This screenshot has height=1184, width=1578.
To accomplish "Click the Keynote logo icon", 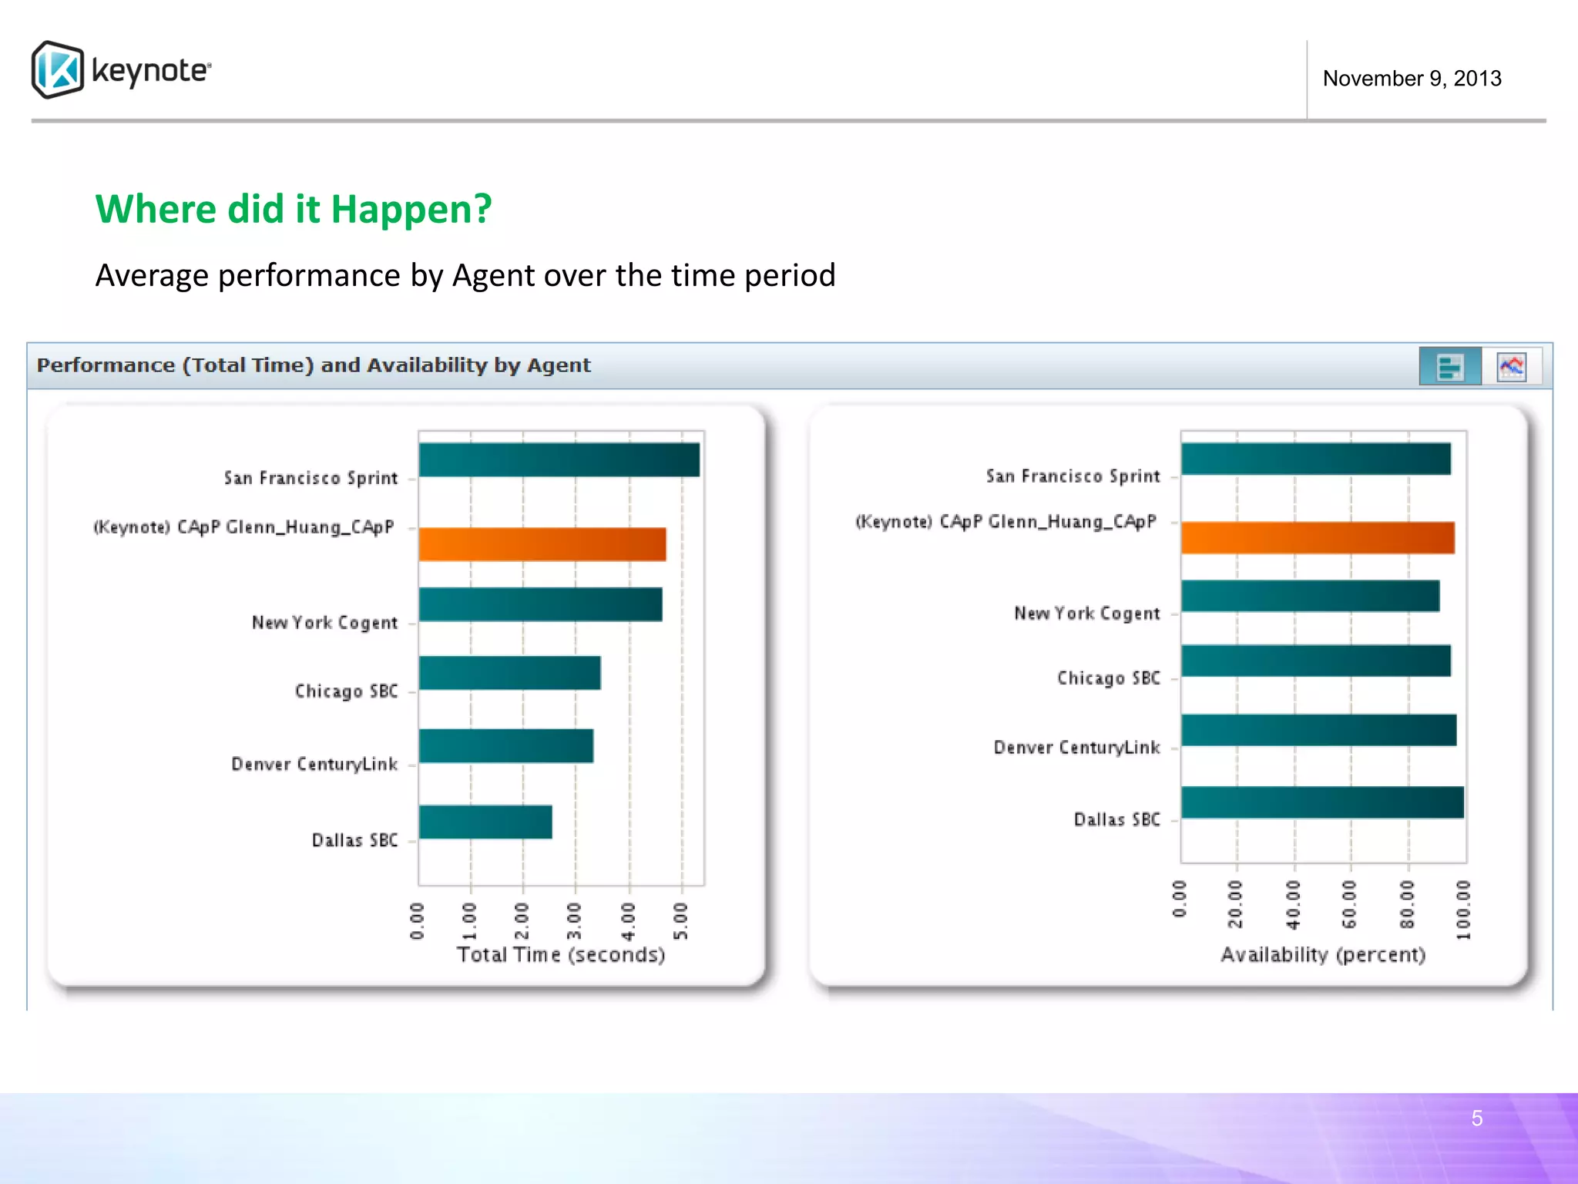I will pos(58,69).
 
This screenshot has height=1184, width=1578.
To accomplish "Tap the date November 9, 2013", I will pos(1412,79).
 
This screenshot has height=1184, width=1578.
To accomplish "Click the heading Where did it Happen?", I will pos(294,209).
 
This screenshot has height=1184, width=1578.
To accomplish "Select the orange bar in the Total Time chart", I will pos(542,544).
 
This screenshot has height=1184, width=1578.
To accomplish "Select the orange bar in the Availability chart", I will pos(1318,537).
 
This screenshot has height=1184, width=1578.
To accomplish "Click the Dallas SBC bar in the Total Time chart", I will pos(485,822).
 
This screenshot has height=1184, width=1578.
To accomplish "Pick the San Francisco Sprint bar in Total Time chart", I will pos(559,459).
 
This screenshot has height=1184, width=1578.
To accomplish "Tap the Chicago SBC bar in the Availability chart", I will pos(1316,661).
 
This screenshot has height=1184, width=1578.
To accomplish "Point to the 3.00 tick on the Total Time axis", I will pos(574,920).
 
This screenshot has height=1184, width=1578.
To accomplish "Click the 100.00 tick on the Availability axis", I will pos(1463,910).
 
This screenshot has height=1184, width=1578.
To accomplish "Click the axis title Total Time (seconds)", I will pos(561,954).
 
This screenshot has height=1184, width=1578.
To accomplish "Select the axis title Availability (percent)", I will pos(1323,954).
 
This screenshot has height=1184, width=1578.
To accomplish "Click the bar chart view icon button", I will pos(1449,366).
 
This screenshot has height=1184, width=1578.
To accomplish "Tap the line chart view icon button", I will pos(1511,366).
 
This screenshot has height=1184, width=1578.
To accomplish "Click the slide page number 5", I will pos(1476,1118).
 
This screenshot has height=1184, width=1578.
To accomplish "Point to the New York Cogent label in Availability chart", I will pos(1086,614).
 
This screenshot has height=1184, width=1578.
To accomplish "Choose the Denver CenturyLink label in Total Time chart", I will pos(314,764).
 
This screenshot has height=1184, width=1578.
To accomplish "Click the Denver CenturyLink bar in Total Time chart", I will pos(506,746).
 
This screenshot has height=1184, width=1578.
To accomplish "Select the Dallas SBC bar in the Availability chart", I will pos(1322,802).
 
